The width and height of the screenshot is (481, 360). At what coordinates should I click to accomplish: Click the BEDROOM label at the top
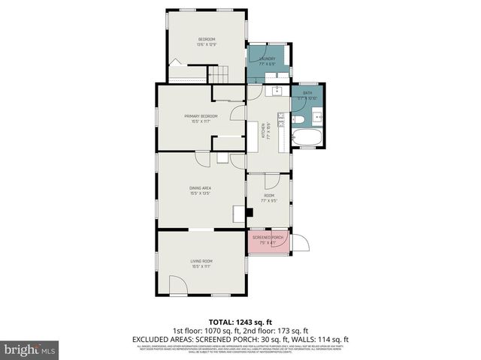point(207,41)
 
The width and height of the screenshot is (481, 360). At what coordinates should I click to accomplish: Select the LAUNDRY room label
point(267,61)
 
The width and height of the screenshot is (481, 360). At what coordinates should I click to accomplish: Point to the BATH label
point(307,96)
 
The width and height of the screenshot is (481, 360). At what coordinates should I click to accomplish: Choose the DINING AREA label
point(200,190)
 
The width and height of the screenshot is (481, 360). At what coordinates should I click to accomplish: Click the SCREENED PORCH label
point(268,239)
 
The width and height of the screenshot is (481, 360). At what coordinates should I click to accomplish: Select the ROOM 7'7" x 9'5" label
point(268,198)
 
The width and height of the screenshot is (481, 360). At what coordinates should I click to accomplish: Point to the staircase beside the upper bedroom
point(216,73)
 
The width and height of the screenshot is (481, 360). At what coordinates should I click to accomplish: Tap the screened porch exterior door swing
point(298,244)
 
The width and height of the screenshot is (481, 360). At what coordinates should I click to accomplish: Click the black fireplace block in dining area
point(249,212)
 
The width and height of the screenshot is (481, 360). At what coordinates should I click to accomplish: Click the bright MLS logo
point(30,349)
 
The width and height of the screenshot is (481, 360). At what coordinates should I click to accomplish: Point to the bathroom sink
point(316,116)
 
